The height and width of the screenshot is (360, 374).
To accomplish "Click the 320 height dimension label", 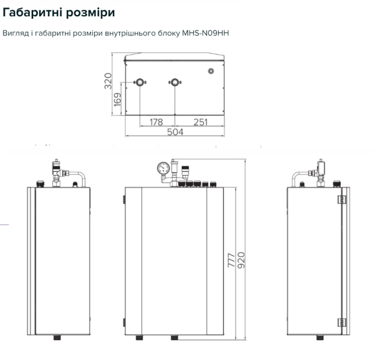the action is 108,81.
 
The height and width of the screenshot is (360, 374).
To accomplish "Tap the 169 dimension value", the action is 117,100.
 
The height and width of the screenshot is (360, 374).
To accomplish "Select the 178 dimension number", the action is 156,122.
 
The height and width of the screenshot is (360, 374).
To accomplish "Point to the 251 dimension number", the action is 200,122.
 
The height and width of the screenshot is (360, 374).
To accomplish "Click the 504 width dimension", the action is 175,132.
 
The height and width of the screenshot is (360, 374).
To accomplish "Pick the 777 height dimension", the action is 231,260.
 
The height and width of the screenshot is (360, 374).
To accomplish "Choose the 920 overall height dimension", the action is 241,260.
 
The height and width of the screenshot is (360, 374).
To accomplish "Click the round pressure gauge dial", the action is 163,168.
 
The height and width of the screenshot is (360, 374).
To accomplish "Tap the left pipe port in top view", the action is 140,82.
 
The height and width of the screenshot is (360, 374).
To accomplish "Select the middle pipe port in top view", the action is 175,82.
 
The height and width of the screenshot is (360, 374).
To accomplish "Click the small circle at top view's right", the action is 211,71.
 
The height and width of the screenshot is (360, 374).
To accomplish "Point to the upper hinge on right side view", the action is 342,199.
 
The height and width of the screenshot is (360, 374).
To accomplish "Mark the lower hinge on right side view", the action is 342,323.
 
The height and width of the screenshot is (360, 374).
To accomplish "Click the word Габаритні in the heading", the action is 32,12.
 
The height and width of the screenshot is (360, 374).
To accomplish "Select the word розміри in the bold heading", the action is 90,13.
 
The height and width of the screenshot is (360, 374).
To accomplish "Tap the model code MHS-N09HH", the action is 205,33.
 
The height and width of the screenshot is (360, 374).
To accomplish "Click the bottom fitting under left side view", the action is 57,338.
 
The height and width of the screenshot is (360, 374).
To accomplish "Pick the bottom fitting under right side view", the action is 320,338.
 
